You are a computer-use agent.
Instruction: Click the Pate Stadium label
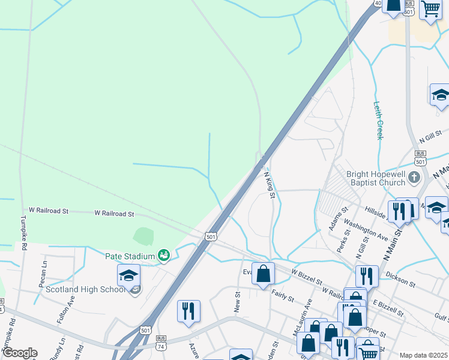(x=130, y=256)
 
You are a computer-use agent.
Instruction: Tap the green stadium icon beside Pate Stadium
(x=164, y=256)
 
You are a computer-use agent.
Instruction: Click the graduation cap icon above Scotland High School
(x=128, y=275)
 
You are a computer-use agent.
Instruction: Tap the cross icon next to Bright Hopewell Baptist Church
(x=414, y=178)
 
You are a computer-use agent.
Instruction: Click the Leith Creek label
(x=379, y=120)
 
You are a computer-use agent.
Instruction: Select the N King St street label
(x=270, y=184)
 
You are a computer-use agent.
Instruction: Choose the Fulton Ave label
(x=64, y=312)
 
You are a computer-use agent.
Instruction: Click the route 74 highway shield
(x=160, y=347)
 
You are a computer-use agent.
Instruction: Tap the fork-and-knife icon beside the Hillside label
(x=399, y=211)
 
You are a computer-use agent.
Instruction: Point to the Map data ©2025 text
(x=423, y=355)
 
